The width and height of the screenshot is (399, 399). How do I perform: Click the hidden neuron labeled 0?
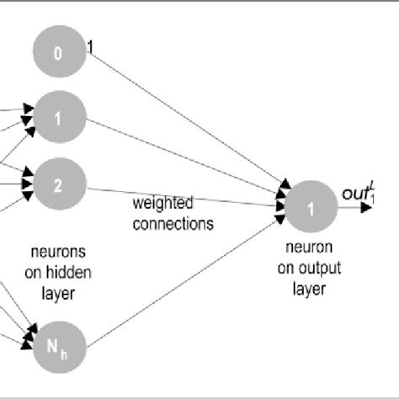tap(59, 54)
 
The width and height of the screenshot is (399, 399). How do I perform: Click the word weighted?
tap(163, 204)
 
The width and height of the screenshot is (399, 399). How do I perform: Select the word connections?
tap(173, 224)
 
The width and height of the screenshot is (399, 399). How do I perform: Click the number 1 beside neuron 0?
tap(91, 50)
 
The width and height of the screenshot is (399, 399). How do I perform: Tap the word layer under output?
tap(308, 289)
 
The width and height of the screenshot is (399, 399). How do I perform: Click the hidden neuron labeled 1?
tap(59, 119)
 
